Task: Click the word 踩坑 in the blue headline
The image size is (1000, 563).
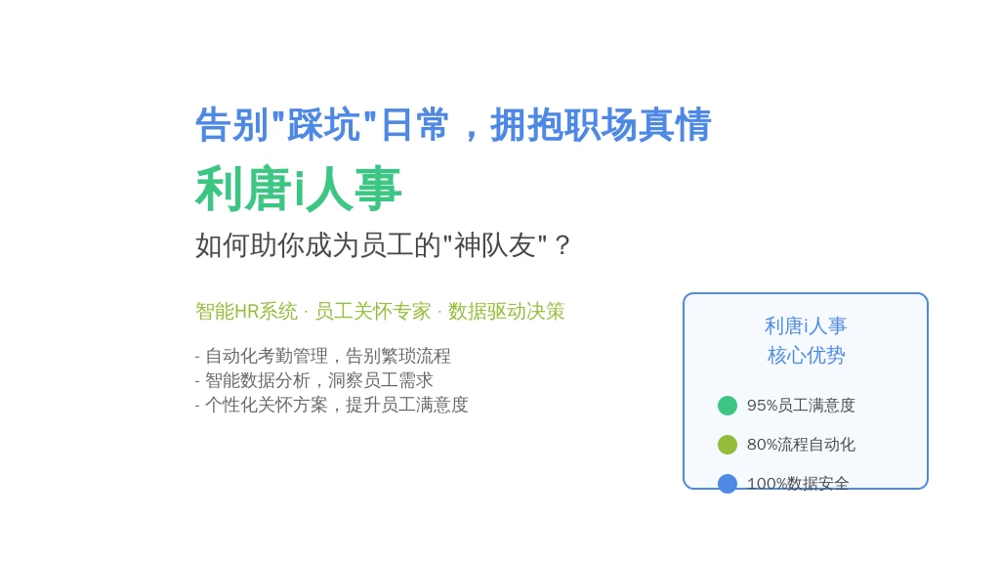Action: [x=324, y=124]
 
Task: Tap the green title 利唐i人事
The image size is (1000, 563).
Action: [x=299, y=189]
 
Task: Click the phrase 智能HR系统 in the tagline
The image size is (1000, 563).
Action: [x=246, y=312]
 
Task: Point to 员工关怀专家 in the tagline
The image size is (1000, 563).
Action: [x=373, y=312]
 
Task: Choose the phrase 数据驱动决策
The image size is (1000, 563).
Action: [x=507, y=312]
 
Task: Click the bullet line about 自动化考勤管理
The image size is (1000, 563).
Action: [x=322, y=356]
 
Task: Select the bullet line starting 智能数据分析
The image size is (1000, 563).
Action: [x=313, y=380]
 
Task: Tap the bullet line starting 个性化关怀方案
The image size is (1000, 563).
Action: [x=332, y=405]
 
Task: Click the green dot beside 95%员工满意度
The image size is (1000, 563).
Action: [x=727, y=406]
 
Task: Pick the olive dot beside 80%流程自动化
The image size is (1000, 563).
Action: [x=727, y=445]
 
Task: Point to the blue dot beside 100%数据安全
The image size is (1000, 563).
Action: [x=727, y=484]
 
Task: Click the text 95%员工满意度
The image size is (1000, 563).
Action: [x=801, y=406]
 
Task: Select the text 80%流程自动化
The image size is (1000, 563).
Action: [x=801, y=445]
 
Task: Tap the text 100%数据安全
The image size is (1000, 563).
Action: [x=798, y=484]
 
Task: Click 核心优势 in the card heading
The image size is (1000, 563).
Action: [x=806, y=355]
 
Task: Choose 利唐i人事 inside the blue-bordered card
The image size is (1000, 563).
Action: [x=806, y=326]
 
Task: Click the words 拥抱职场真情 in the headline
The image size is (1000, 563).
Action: [x=601, y=124]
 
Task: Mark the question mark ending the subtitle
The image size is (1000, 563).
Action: [x=562, y=245]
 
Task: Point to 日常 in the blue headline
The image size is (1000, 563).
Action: [x=414, y=124]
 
